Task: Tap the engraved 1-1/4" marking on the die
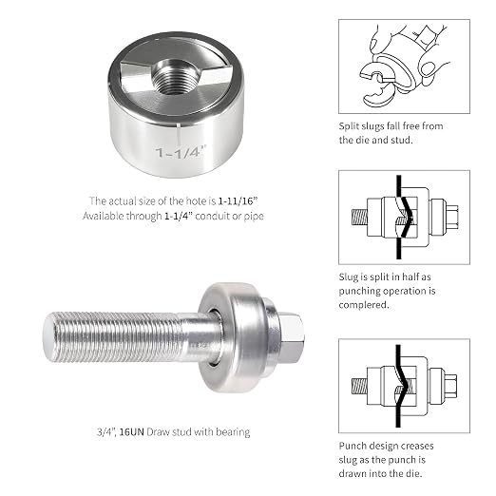tap(181, 152)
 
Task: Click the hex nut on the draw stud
tap(291, 337)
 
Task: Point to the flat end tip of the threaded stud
tap(48, 337)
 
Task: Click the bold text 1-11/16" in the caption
tap(238, 200)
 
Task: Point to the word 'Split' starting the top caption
tap(349, 126)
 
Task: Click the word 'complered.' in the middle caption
tap(364, 305)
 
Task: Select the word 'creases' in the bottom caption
tap(418, 447)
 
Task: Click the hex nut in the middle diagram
tap(451, 217)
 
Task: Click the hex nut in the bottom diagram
tap(450, 386)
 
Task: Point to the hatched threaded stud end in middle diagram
tap(359, 218)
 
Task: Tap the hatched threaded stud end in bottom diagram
tap(359, 387)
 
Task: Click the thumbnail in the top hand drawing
tap(429, 68)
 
